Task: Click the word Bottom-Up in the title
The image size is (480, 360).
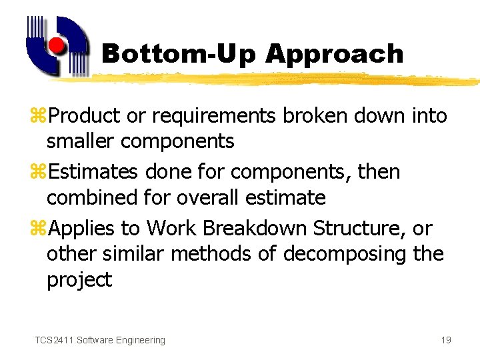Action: pyautogui.click(x=178, y=54)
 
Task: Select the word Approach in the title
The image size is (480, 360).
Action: pyautogui.click(x=334, y=54)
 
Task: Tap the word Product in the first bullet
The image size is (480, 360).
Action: pyautogui.click(x=85, y=116)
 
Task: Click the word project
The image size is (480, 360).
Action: pyautogui.click(x=79, y=280)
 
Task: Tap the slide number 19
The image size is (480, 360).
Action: pyautogui.click(x=446, y=340)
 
